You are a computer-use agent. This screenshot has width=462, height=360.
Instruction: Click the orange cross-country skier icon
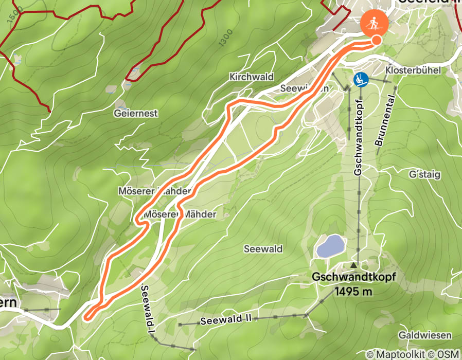click(x=375, y=24)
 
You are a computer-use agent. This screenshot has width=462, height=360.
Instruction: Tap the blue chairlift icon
click(x=361, y=79)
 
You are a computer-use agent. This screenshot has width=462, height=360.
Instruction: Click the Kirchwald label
click(x=252, y=77)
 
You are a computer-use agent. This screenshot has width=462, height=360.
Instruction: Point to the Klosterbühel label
click(x=413, y=70)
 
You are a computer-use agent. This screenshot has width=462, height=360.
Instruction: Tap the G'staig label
click(x=425, y=175)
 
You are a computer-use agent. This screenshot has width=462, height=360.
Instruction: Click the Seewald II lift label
click(x=226, y=320)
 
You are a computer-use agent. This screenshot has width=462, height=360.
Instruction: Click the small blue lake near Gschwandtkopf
click(x=329, y=246)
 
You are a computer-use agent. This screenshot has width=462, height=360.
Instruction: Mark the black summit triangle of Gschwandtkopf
click(x=353, y=265)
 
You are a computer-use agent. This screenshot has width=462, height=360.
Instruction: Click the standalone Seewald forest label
click(x=264, y=249)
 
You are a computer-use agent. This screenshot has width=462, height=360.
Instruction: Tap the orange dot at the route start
click(x=377, y=40)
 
